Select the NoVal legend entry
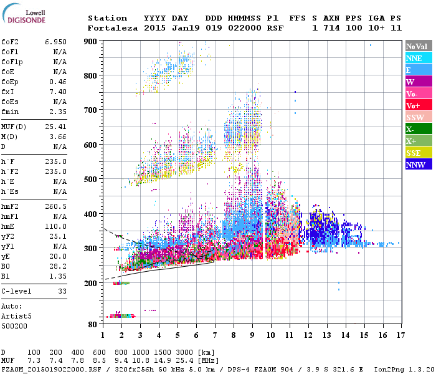coord(418,46)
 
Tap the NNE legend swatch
coord(418,58)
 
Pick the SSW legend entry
coord(418,117)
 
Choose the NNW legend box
coord(418,165)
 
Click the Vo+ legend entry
coord(418,105)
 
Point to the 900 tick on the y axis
coord(91,42)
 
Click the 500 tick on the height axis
coord(91,180)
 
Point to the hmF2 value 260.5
coord(56,206)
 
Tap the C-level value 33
coord(62,291)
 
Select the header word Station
coord(107,18)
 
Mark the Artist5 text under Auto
coord(16,316)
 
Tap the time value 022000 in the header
coord(245,28)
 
